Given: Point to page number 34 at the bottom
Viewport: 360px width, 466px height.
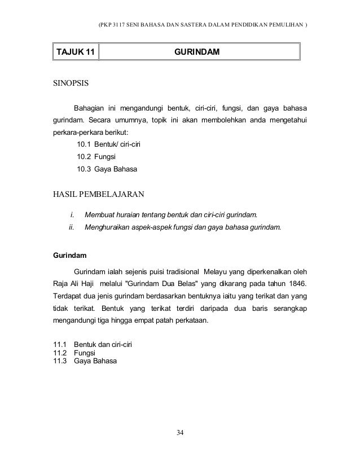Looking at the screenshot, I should point(180,433).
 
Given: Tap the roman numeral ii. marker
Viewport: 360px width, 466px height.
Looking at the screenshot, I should point(72,228).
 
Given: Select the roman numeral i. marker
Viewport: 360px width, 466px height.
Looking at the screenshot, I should point(72,215).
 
